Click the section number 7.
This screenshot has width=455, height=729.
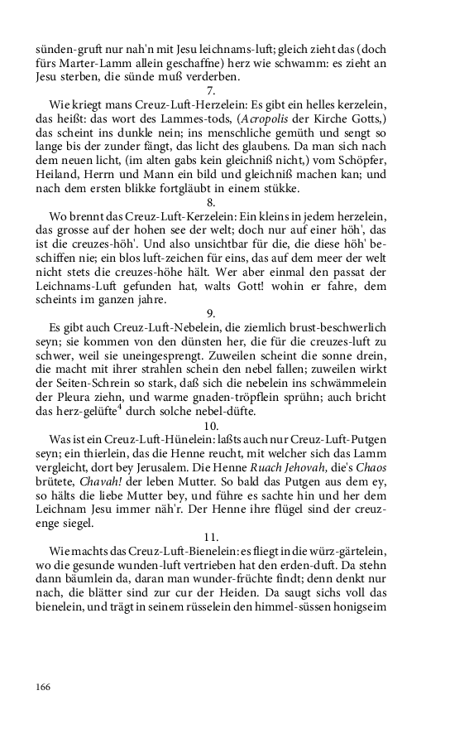tap(211, 90)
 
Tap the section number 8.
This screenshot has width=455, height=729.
tap(211, 201)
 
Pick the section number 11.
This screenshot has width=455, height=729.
tap(211, 536)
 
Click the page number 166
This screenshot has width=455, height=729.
tap(44, 686)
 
